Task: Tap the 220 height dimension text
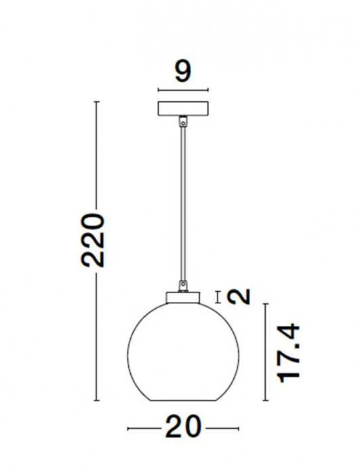coord(92,241)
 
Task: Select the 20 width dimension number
coord(183,427)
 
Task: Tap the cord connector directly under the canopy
coord(182,121)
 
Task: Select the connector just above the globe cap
coord(182,285)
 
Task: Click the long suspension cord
coord(182,204)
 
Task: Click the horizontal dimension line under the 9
coord(182,89)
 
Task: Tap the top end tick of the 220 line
coord(97,102)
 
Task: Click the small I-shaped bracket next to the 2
coord(217,297)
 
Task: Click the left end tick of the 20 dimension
coord(129,428)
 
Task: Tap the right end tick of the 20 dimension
coord(238,428)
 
